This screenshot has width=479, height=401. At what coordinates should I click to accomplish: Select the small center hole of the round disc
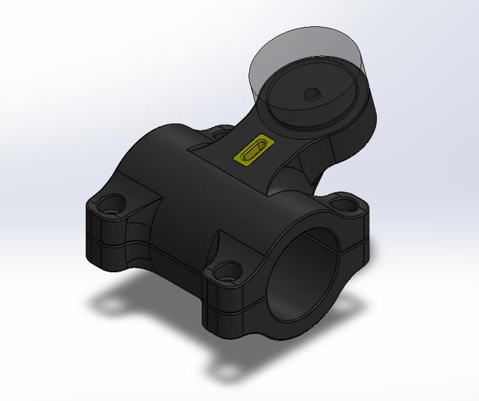pyautogui.click(x=311, y=94)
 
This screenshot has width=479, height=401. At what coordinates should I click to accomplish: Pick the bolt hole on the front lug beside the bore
pyautogui.click(x=226, y=270)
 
